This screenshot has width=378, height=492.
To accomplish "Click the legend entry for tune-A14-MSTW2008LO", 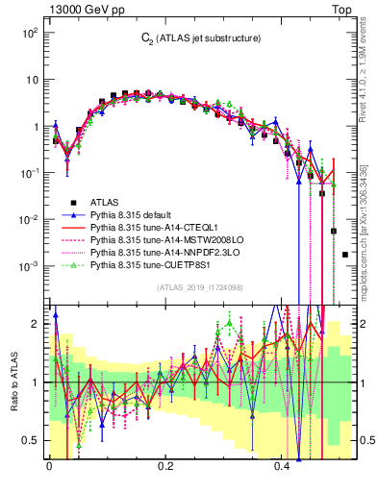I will click(x=160, y=240).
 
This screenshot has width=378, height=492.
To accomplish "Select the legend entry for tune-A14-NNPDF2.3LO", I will click(x=159, y=253).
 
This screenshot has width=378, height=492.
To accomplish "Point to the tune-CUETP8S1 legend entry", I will click(x=150, y=265).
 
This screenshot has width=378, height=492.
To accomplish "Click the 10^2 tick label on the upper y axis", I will click(x=29, y=34).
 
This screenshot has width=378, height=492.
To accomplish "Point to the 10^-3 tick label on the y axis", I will click(x=29, y=265).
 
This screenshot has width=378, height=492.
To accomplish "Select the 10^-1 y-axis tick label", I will click(x=29, y=173).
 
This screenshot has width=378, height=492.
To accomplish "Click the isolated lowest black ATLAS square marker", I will click(x=345, y=255).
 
